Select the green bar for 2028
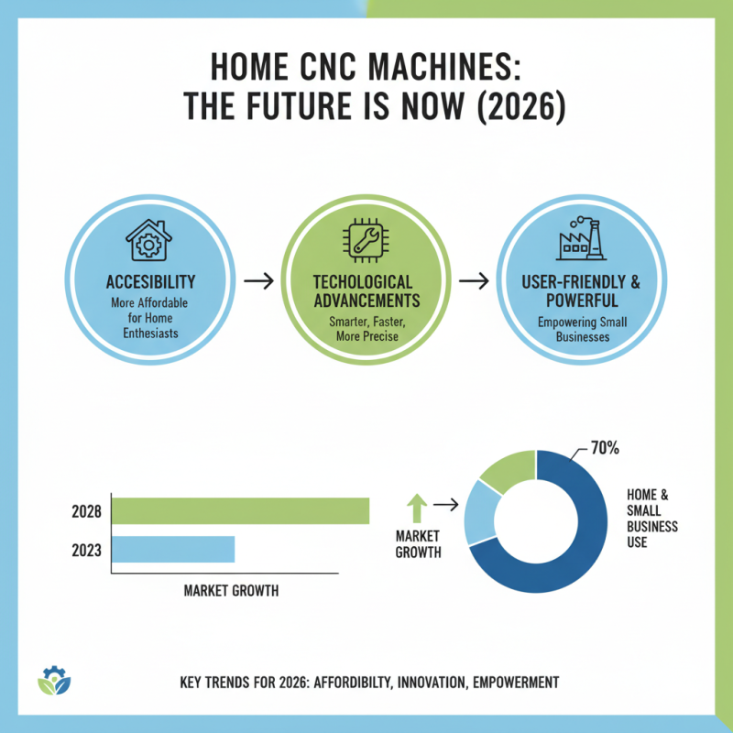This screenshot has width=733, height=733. point(240,510)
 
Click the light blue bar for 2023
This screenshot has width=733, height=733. point(173,550)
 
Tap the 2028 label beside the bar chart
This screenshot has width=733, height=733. point(86,511)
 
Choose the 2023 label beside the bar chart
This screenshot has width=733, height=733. point(86,551)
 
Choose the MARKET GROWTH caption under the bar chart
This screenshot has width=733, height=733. point(231,591)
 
